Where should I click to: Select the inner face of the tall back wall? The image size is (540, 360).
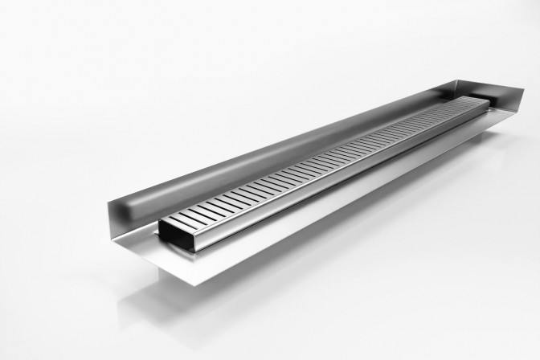241,153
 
